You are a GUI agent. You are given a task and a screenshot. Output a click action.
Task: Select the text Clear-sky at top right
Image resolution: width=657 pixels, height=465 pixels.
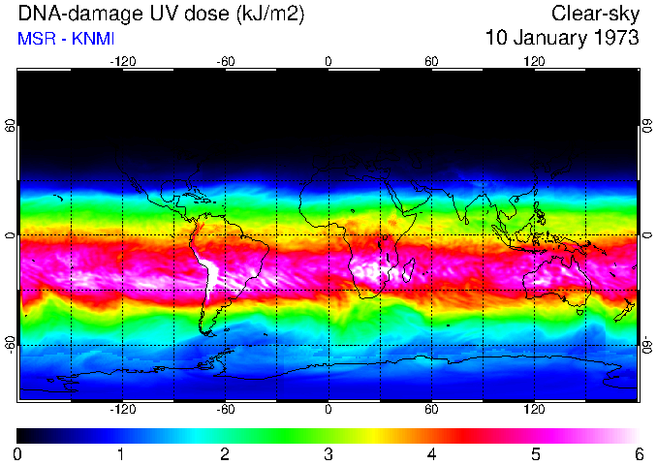[x=595, y=14]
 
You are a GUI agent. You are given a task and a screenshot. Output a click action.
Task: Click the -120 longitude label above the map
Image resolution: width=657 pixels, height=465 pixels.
[x=122, y=61]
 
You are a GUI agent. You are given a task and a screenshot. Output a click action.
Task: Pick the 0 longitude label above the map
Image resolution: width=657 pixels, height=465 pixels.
[x=328, y=61]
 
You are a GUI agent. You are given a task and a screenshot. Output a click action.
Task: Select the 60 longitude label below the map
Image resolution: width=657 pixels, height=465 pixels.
[x=431, y=409]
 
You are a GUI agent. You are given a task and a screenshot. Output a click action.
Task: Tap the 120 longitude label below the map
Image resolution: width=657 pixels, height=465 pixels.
[x=534, y=409]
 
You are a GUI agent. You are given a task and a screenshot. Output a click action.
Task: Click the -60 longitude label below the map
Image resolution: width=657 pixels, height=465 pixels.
[x=225, y=409]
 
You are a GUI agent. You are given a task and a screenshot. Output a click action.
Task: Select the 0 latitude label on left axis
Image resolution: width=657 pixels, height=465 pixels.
[x=11, y=235]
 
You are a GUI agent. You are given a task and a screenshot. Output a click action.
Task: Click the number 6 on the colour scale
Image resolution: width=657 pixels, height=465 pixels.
[x=638, y=453]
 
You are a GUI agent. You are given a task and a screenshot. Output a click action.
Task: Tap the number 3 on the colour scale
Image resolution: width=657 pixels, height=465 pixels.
[x=328, y=453]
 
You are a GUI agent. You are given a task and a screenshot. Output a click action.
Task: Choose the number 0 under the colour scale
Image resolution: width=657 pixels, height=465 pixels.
[x=18, y=453]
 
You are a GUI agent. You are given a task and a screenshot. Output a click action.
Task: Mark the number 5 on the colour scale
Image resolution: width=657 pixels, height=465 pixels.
[x=534, y=453]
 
